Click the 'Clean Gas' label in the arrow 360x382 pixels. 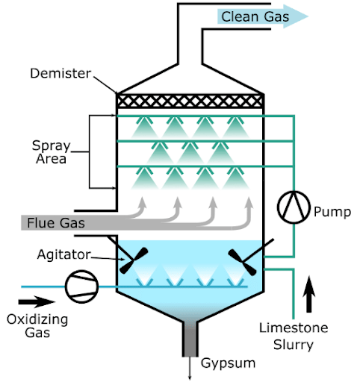pyautogui.click(x=255, y=16)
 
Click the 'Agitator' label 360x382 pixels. pyautogui.click(x=65, y=254)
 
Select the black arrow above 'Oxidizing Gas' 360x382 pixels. pyautogui.click(x=34, y=303)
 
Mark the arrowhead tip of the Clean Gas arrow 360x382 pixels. pyautogui.click(x=307, y=16)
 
